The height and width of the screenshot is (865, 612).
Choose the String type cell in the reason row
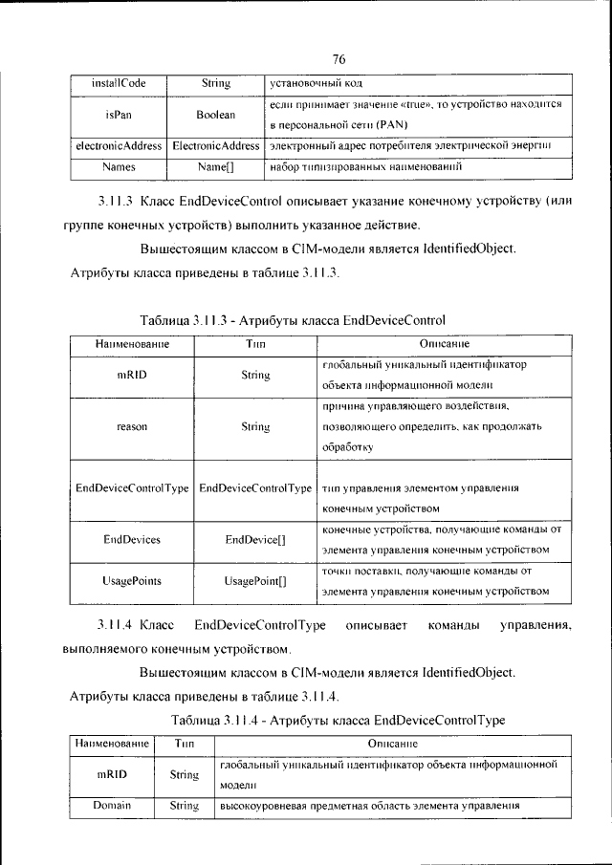click(x=255, y=427)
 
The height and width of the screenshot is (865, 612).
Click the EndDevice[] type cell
click(x=255, y=539)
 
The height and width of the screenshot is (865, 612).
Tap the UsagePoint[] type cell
click(x=255, y=581)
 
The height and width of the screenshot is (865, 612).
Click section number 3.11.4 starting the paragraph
click(x=116, y=625)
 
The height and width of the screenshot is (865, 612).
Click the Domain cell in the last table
click(x=111, y=806)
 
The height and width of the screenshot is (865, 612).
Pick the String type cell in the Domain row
click(x=184, y=806)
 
